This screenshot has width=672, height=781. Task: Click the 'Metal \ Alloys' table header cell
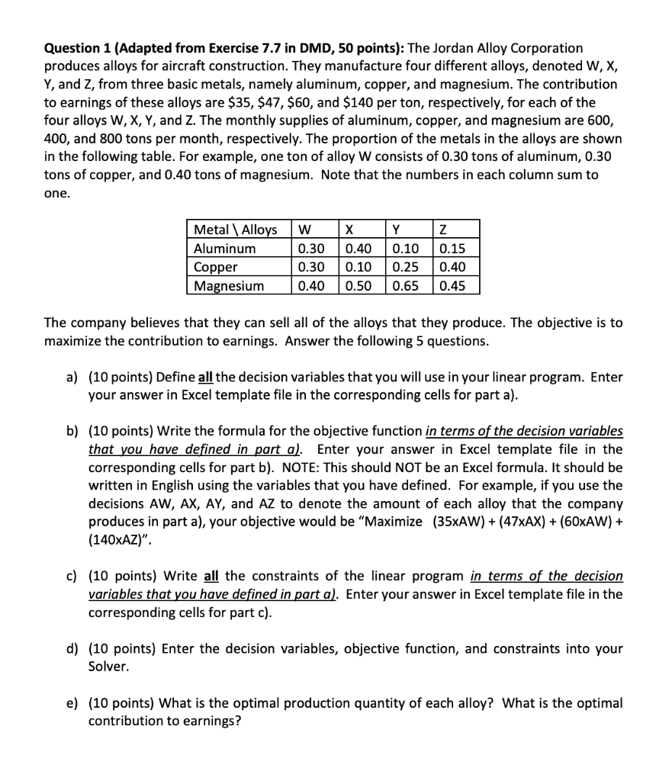tap(236, 230)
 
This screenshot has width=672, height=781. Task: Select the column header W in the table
tap(304, 230)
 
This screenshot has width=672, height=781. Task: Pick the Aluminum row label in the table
tap(225, 249)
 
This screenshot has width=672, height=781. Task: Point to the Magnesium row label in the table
tap(229, 286)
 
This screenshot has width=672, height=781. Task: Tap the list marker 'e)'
tap(73, 702)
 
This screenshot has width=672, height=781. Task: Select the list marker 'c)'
tap(73, 576)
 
